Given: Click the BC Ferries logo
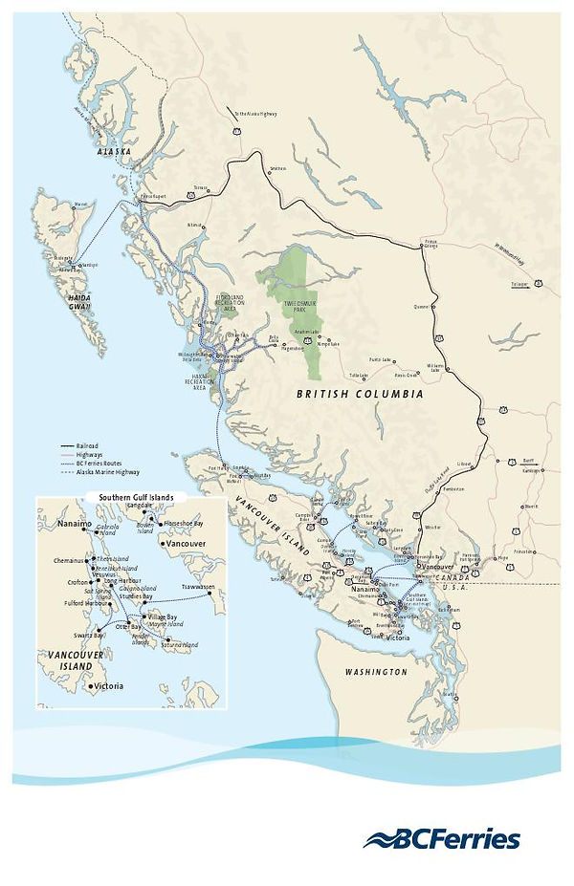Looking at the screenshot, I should coord(441,839).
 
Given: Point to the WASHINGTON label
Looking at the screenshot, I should coord(375,672).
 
